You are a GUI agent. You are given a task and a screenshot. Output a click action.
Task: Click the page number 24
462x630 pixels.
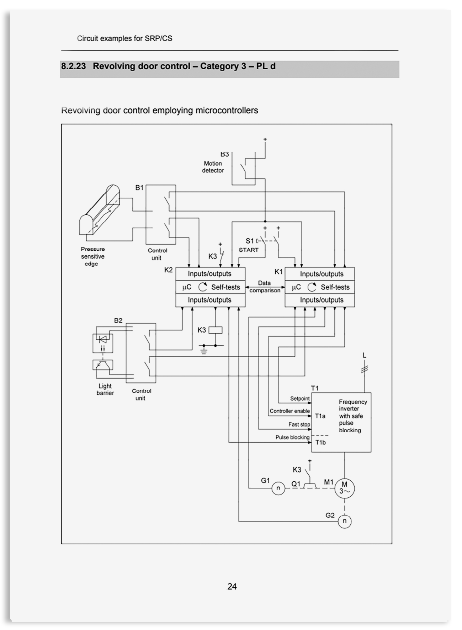[x=232, y=586]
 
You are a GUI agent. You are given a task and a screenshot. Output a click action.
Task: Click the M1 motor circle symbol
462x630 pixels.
[x=344, y=489]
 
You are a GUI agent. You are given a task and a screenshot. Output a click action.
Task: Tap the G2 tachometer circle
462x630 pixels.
[x=344, y=521]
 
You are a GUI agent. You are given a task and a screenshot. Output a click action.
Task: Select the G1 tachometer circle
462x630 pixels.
[x=278, y=488]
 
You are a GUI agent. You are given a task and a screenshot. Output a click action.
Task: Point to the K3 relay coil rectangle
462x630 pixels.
[x=215, y=330]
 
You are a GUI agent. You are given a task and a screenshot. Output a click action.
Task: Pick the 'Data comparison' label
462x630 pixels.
[x=265, y=287]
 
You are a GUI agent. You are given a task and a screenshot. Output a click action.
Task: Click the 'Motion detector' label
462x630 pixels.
[x=213, y=167]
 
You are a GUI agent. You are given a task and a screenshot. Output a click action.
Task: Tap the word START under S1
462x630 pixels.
[x=249, y=250]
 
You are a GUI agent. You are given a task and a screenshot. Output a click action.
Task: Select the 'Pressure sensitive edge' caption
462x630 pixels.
[x=92, y=256]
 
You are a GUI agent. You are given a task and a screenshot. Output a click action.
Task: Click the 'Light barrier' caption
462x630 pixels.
[x=105, y=389]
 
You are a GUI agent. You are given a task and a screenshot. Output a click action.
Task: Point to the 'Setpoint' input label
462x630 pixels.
[x=300, y=399]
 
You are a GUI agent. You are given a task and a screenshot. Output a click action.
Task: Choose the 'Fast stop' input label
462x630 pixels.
[x=299, y=425]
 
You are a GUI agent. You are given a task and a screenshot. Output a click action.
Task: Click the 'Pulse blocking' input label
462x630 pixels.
[x=292, y=437]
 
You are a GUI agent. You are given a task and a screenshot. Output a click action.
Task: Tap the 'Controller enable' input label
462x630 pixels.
[x=290, y=411]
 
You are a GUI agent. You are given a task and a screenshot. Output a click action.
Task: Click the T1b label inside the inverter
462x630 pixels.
[x=320, y=443]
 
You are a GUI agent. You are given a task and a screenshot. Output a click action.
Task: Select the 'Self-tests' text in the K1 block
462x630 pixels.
[x=335, y=287]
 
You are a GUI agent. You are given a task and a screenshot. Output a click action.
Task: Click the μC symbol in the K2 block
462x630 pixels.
[x=186, y=287]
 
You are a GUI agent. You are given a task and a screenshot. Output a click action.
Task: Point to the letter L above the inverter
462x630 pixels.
[x=364, y=355]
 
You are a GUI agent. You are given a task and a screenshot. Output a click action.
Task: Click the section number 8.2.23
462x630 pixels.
[x=74, y=66]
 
